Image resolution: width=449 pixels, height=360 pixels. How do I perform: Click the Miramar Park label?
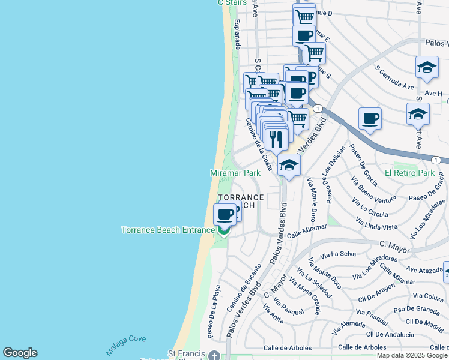(x=235, y=173)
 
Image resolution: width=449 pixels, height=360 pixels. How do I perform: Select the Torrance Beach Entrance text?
(x=167, y=230)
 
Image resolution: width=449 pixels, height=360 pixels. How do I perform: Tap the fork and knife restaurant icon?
(x=276, y=140)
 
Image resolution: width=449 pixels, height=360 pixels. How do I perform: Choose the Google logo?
(x=20, y=353)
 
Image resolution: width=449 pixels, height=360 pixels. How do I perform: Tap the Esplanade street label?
(x=237, y=34)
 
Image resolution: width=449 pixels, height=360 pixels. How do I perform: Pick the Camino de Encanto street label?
(x=243, y=288)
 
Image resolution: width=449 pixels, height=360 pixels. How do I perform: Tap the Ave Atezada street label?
(x=424, y=271)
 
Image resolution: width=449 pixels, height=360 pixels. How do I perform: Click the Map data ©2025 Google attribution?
(x=412, y=355)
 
